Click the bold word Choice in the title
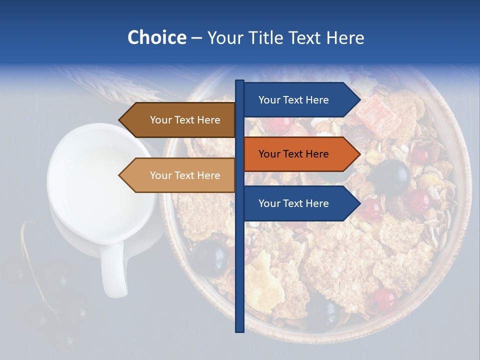[156, 37]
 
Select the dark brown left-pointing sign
[180, 120]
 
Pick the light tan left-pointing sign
[180, 175]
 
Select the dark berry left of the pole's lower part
[209, 257]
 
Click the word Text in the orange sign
[293, 154]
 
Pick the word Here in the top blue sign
[316, 100]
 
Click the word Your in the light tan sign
[160, 175]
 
